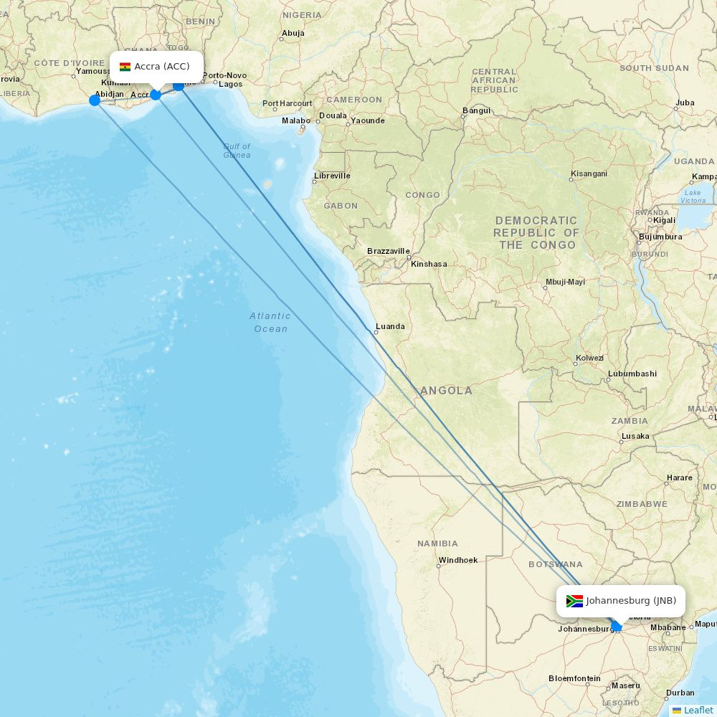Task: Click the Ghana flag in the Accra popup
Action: (125, 67)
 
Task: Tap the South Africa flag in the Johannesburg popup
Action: (574, 601)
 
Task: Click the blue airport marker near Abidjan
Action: (95, 100)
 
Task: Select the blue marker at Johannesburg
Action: (616, 626)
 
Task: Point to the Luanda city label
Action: (390, 326)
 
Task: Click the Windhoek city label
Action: (457, 560)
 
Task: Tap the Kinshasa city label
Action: (429, 264)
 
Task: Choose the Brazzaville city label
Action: (388, 251)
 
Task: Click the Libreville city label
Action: (332, 176)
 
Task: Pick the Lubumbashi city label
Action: (632, 374)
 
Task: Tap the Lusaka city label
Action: (635, 436)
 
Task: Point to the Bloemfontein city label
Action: (574, 678)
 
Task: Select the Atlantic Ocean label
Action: (270, 322)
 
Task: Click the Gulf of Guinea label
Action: (237, 151)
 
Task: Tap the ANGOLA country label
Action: (447, 391)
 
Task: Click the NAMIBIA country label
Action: (437, 543)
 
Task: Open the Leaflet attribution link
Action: (698, 710)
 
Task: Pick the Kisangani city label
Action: (588, 174)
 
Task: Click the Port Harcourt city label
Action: (287, 104)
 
